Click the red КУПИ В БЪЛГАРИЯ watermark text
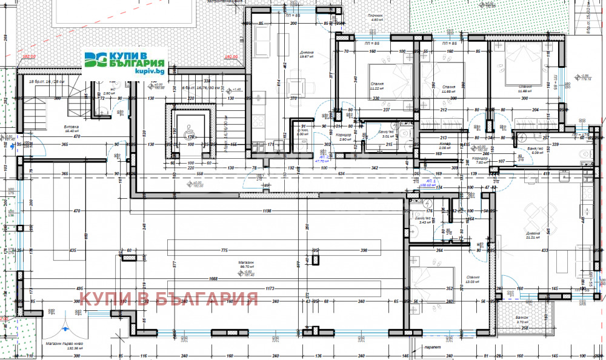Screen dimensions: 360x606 click(169, 299)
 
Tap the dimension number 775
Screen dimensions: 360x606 click(224, 250)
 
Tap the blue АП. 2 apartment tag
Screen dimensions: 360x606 click(321, 158)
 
